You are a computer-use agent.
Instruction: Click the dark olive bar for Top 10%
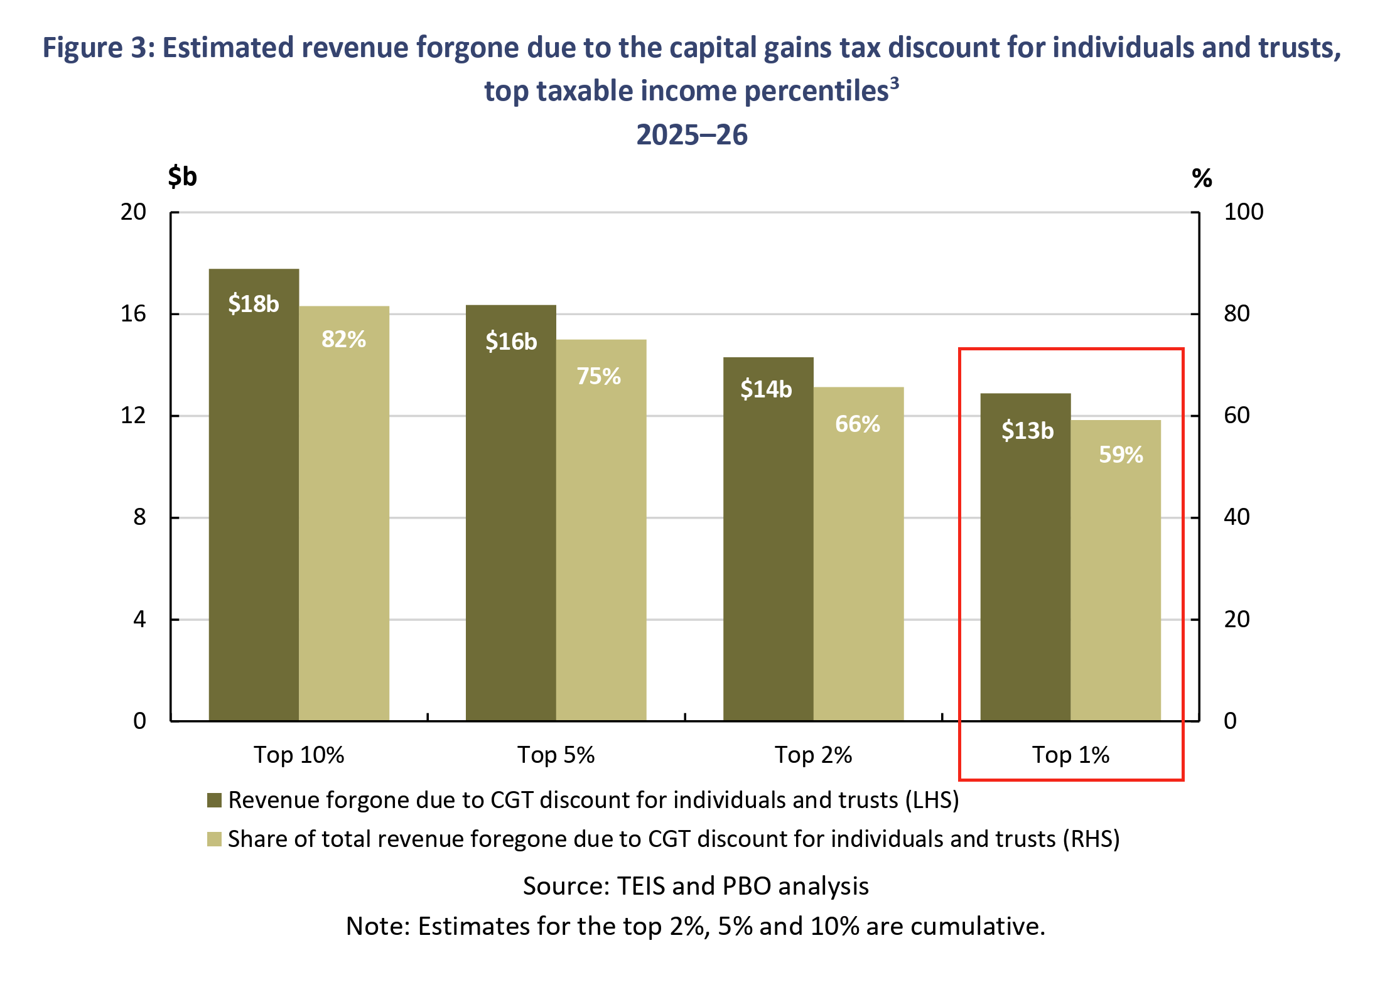(254, 502)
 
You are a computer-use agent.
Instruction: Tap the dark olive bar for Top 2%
(768, 553)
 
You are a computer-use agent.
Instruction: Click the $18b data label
(254, 304)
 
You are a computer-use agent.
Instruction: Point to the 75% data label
(598, 376)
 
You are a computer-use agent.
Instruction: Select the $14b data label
(766, 389)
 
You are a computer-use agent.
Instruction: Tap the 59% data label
(1121, 455)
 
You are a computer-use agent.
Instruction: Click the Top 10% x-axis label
(299, 755)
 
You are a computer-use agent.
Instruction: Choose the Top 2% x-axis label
(813, 755)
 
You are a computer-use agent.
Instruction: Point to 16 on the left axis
(133, 313)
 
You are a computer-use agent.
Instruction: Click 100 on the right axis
(1243, 212)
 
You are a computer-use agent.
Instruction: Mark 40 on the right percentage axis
(1236, 517)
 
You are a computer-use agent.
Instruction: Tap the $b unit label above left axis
(182, 176)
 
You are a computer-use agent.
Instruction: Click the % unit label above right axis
(1202, 178)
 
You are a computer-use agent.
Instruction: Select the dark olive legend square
(215, 800)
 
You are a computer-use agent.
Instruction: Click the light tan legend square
(215, 839)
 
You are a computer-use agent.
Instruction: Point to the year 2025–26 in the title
(692, 135)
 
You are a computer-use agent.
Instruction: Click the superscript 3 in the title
(894, 84)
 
